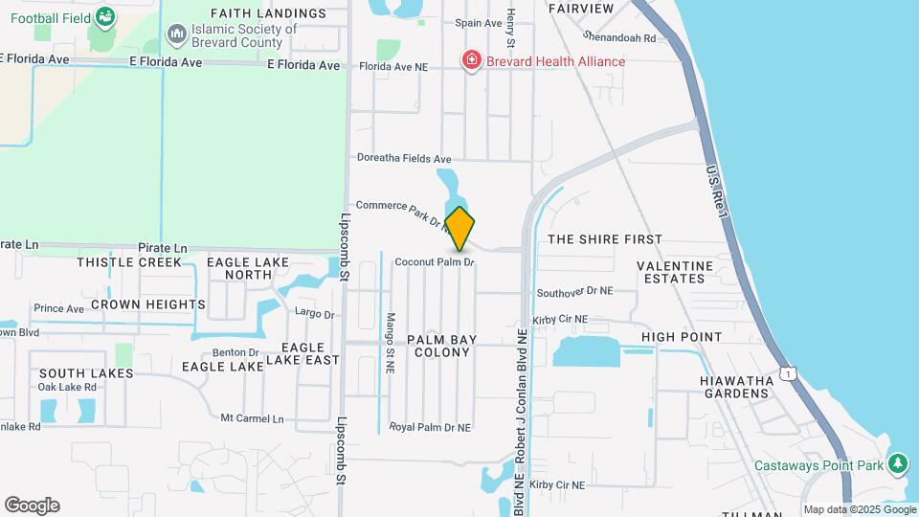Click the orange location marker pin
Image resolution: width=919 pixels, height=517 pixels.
click(459, 229)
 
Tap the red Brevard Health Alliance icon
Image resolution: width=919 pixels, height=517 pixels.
click(471, 61)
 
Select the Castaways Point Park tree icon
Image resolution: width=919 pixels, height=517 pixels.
click(898, 465)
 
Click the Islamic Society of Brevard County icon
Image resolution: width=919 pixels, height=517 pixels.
click(176, 35)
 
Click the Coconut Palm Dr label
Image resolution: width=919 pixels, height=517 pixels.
click(435, 261)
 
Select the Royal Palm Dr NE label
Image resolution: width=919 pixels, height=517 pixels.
click(430, 427)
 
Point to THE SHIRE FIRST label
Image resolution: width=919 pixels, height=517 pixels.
click(604, 239)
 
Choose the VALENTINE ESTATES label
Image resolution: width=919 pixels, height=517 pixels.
click(675, 272)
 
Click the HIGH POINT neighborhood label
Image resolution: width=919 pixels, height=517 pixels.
click(682, 337)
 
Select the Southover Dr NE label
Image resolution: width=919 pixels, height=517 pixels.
click(573, 291)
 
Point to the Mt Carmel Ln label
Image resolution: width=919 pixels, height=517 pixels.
click(253, 418)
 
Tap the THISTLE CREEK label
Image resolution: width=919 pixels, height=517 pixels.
click(129, 262)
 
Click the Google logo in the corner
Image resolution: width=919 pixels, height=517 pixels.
click(32, 505)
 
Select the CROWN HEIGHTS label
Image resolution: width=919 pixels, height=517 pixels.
click(148, 304)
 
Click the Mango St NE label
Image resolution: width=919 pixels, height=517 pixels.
click(391, 342)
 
